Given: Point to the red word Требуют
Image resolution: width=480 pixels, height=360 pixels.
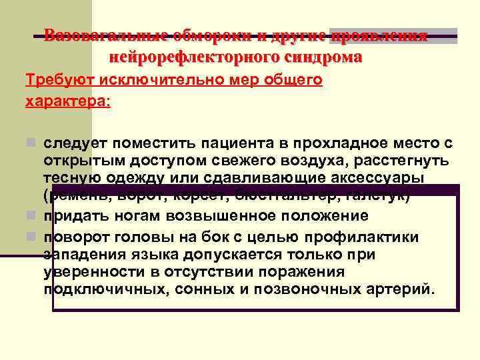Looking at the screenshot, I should coord(59,81).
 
